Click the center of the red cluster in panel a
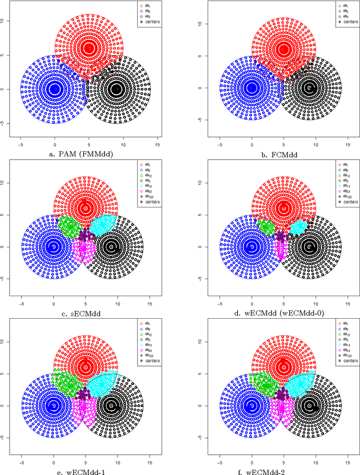pos(88,48)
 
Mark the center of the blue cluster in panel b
pos(252,88)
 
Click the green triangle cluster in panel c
pos(69,227)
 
